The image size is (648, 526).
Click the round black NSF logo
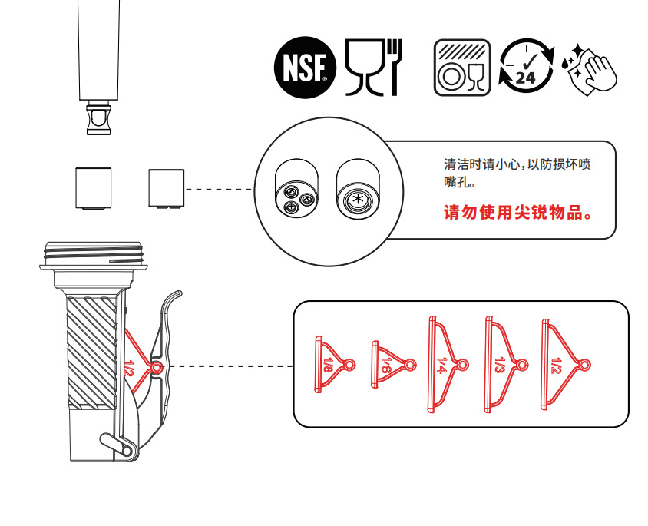(x=305, y=68)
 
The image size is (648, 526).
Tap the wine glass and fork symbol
(x=373, y=68)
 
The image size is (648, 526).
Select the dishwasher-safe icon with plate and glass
(x=462, y=68)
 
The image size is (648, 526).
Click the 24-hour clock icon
(x=527, y=67)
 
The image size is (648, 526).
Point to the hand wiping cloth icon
(x=590, y=70)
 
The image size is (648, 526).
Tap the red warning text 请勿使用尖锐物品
(x=518, y=213)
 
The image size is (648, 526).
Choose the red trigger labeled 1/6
(x=393, y=365)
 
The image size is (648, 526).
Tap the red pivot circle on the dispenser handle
(x=157, y=367)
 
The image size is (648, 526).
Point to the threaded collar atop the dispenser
(x=94, y=256)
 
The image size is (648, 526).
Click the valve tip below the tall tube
(x=99, y=120)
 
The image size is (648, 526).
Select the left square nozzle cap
(x=94, y=188)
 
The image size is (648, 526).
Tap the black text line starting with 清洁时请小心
(x=517, y=164)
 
